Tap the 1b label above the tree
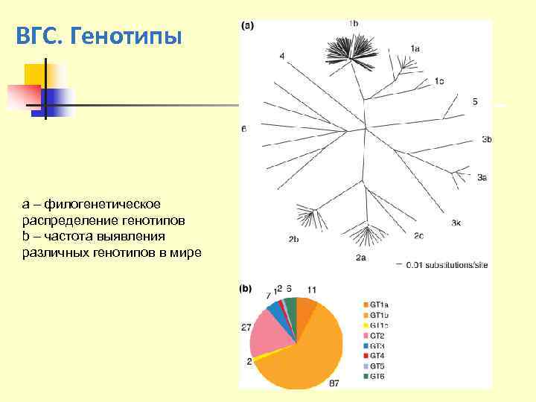[353, 24]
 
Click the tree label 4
[282, 56]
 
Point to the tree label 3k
[456, 223]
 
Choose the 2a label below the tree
[360, 258]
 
